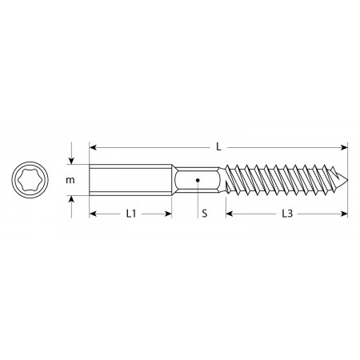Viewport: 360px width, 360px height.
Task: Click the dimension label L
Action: pos(218,147)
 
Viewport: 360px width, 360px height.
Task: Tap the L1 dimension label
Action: pos(131,214)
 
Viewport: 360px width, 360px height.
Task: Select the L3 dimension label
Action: pos(287,214)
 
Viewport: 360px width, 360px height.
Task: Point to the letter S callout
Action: pos(204,214)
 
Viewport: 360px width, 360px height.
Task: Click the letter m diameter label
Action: pos(70,180)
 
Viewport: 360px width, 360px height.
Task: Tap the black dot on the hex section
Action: pos(198,180)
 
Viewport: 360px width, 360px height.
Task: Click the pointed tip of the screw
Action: pos(347,180)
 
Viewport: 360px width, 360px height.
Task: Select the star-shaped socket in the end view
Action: pos(30,180)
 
